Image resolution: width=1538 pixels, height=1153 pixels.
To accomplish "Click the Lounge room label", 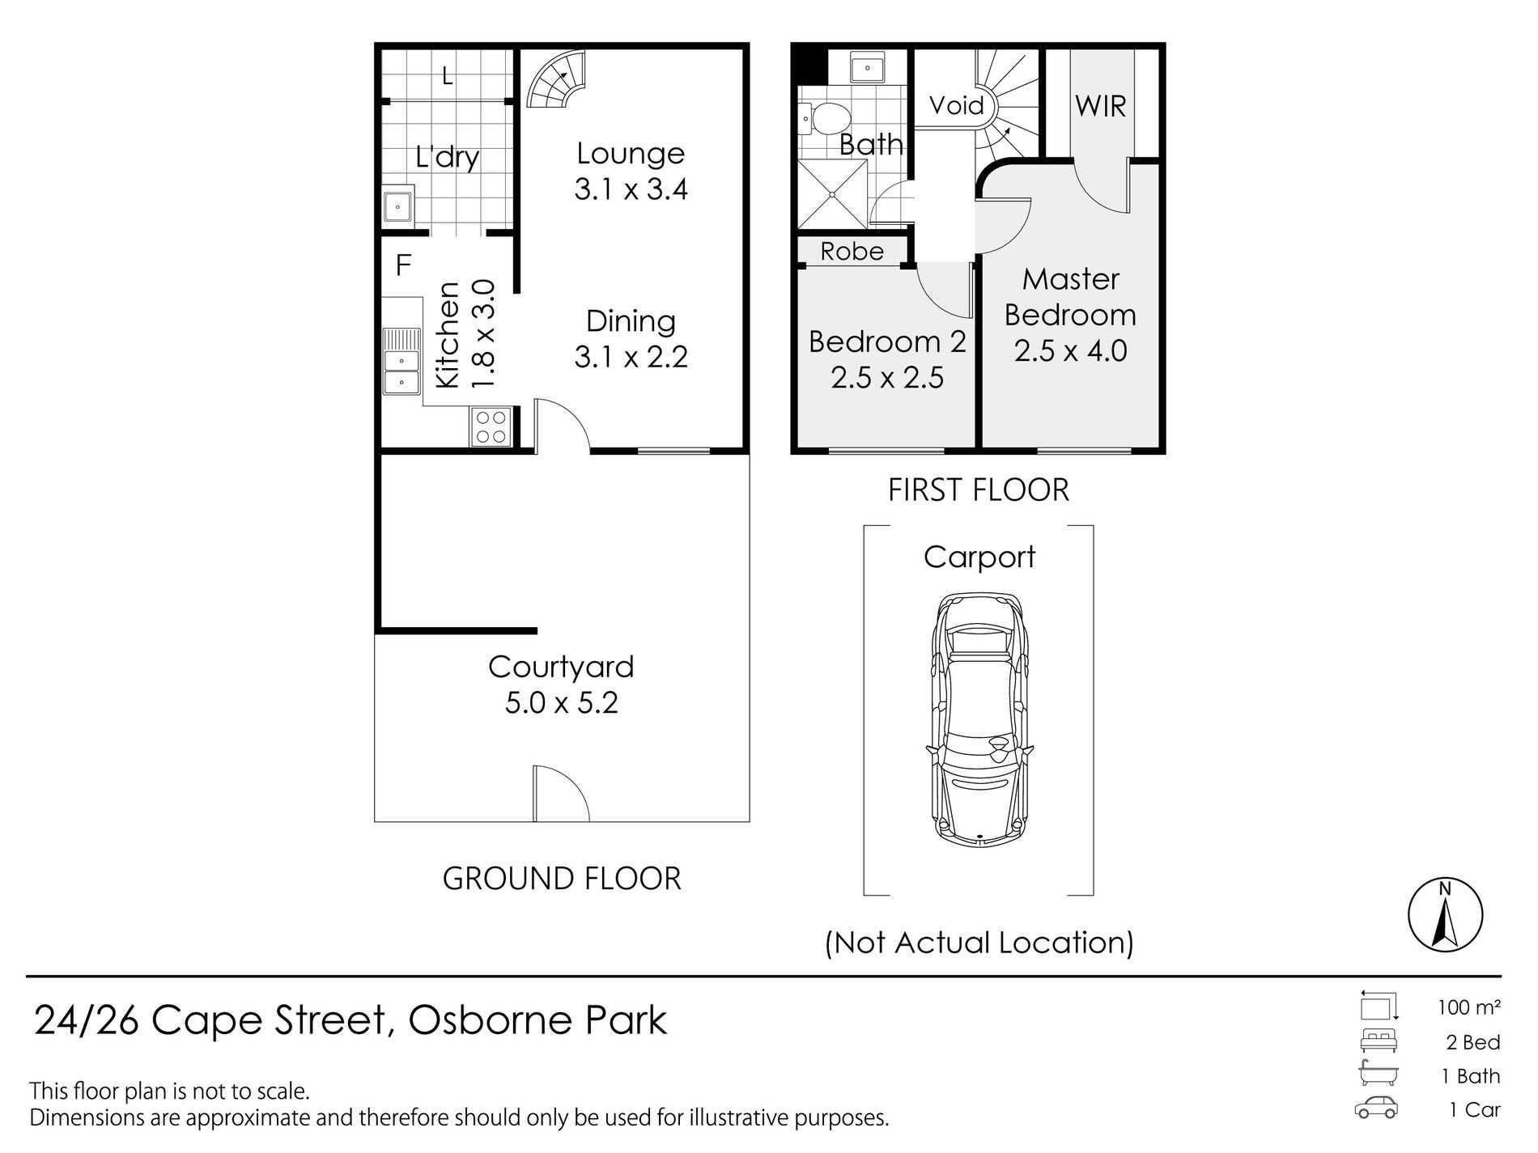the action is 631,153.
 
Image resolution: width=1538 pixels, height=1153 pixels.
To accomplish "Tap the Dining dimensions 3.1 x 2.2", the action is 631,357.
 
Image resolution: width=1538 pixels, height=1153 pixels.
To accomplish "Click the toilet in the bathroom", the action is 827,120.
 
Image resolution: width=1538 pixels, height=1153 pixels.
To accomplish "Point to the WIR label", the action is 1100,106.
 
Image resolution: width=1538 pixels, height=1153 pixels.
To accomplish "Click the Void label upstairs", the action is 956,105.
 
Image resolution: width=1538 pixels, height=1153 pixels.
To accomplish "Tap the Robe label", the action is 852,251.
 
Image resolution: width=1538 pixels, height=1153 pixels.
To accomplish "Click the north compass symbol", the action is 1445,914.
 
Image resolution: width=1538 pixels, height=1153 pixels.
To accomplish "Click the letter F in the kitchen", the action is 403,265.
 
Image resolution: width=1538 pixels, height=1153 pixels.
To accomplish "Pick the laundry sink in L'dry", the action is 398,206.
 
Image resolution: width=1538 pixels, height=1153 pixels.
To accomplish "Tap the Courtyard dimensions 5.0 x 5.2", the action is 561,702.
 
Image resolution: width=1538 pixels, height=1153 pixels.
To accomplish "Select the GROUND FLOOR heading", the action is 562,879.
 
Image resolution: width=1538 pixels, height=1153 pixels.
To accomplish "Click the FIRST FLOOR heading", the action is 979,490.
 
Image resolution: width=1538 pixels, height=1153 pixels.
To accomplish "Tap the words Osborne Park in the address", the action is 537,1020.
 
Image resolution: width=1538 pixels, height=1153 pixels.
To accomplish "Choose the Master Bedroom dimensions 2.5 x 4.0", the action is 1070,351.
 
